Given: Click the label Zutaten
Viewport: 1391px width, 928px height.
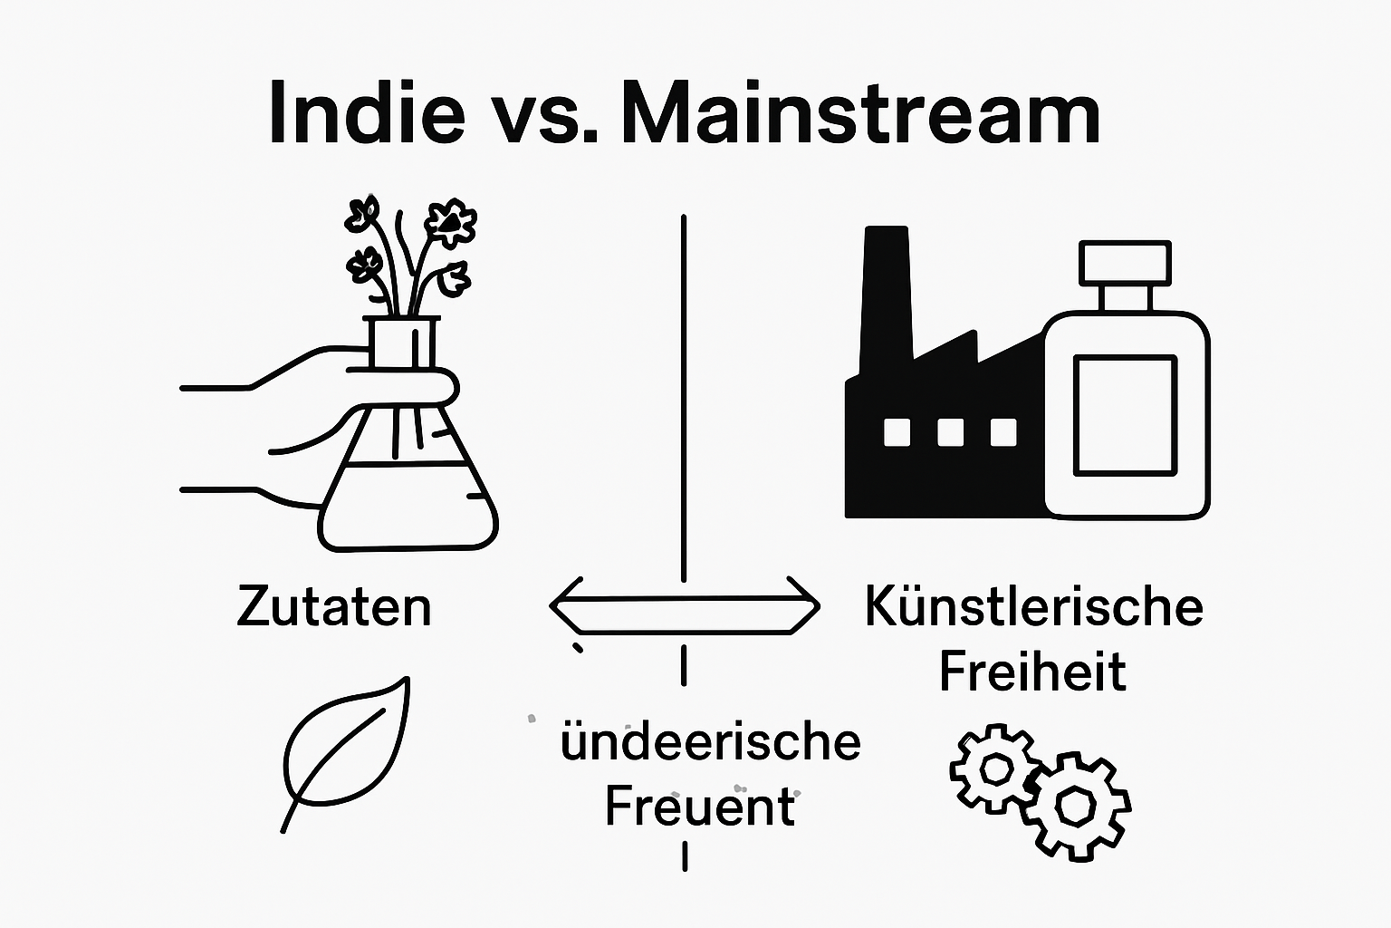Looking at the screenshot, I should tap(334, 607).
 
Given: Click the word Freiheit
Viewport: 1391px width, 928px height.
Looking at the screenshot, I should tap(1032, 672).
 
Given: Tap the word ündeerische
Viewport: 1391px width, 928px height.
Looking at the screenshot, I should tap(711, 742).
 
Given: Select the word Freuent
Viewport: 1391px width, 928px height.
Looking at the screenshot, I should tap(699, 807).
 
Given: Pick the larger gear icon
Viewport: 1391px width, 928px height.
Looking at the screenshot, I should tap(1076, 806).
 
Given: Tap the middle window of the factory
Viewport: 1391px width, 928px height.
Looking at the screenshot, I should tap(950, 432).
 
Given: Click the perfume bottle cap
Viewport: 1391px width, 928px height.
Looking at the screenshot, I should tap(1125, 263).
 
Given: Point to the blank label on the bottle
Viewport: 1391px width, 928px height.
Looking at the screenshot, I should tap(1125, 415).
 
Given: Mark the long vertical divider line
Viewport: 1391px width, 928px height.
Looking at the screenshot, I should tap(684, 399).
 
